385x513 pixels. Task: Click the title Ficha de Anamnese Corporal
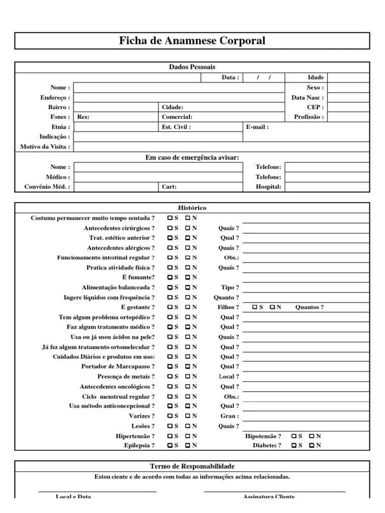192,41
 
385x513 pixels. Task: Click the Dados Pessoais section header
192,67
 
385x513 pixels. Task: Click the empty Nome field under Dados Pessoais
178,88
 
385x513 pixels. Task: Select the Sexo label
315,88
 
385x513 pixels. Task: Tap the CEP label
315,107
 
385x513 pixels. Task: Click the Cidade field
201,107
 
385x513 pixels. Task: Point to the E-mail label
258,127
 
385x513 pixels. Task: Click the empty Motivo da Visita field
221,147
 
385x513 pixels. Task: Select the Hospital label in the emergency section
270,187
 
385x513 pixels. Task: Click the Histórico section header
192,208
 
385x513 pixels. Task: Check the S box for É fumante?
170,277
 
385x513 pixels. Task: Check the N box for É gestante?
188,307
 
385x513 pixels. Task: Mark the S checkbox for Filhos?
255,307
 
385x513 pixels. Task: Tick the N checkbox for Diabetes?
311,445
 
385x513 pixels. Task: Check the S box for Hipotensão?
293,436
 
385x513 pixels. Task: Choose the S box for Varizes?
170,416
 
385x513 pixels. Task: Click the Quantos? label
309,307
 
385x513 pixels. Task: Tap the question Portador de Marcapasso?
118,366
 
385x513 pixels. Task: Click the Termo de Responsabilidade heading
192,466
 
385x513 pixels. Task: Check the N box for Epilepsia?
188,445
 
